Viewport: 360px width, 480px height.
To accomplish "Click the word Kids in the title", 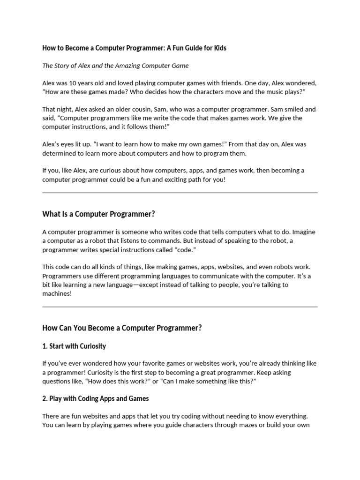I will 219,48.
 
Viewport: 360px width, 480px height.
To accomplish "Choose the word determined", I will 60,153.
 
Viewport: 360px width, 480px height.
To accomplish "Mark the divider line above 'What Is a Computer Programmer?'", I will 180,193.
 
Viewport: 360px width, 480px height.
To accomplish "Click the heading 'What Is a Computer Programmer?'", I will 98,214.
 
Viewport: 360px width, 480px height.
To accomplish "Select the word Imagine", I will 304,232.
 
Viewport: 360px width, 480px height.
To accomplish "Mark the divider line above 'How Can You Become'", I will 180,307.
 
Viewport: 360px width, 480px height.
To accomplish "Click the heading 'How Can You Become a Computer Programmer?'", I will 122,328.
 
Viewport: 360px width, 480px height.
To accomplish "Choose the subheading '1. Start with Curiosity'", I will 74,346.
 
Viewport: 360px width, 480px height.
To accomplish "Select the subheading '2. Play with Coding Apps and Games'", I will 96,398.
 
